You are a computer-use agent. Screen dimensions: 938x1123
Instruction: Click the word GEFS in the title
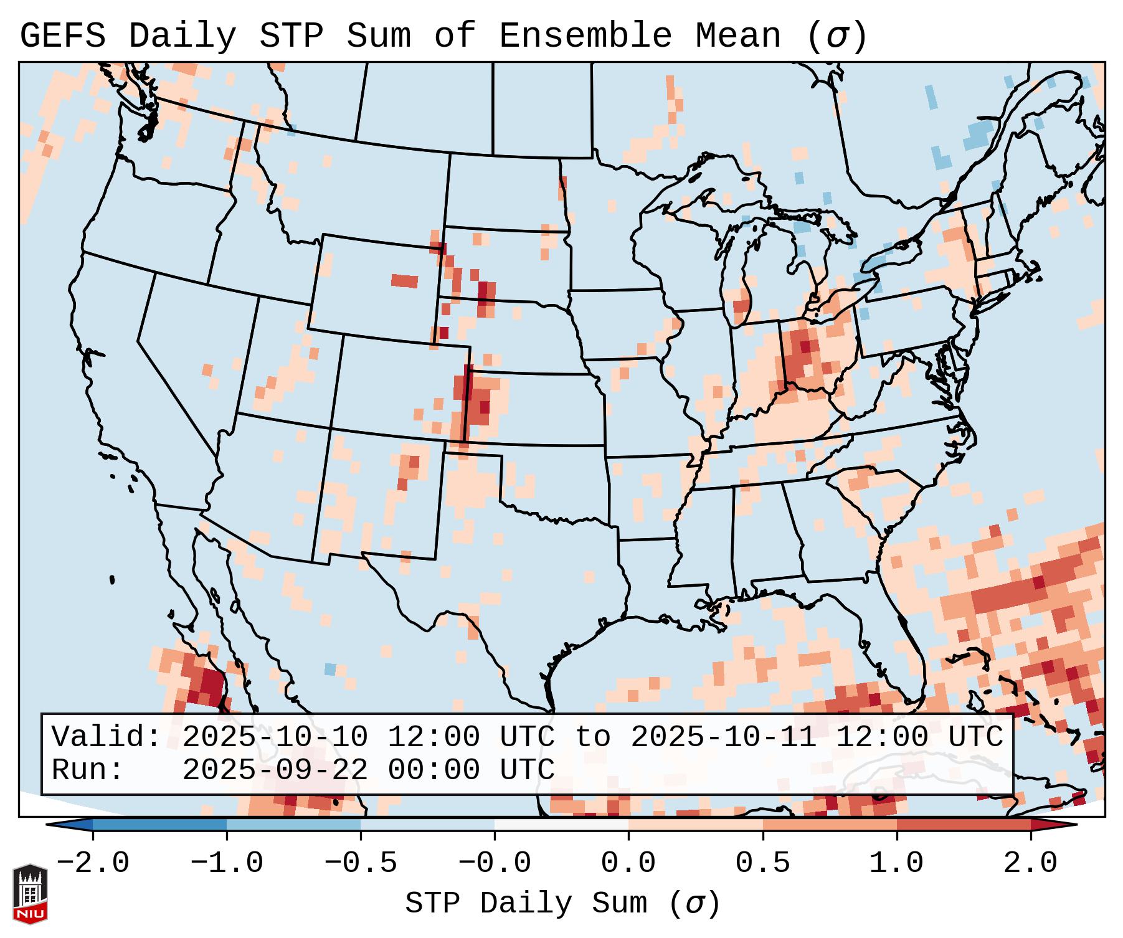pos(62,36)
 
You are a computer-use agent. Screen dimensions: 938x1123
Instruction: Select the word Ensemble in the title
pos(585,36)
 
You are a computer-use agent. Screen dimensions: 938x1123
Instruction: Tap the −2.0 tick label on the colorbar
pos(93,863)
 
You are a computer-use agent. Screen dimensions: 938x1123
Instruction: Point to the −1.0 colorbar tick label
pos(227,863)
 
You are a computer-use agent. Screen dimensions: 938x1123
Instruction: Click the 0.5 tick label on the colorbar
pos(762,863)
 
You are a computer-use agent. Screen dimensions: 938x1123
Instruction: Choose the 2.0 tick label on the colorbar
pos(1030,863)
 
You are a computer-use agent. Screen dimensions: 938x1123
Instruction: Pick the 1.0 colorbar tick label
pos(896,863)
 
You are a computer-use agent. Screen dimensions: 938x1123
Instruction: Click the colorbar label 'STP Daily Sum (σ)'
pos(562,903)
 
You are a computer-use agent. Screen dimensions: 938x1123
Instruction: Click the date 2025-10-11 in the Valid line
pos(723,737)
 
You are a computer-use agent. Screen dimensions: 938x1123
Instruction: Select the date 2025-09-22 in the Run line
pos(275,770)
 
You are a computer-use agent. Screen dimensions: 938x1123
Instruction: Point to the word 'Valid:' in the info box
pos(107,737)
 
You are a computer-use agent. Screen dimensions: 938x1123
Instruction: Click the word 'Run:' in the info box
pos(88,770)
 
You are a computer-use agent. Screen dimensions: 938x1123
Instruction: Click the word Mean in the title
pos(738,36)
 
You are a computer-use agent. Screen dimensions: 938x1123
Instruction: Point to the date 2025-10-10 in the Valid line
pos(275,737)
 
